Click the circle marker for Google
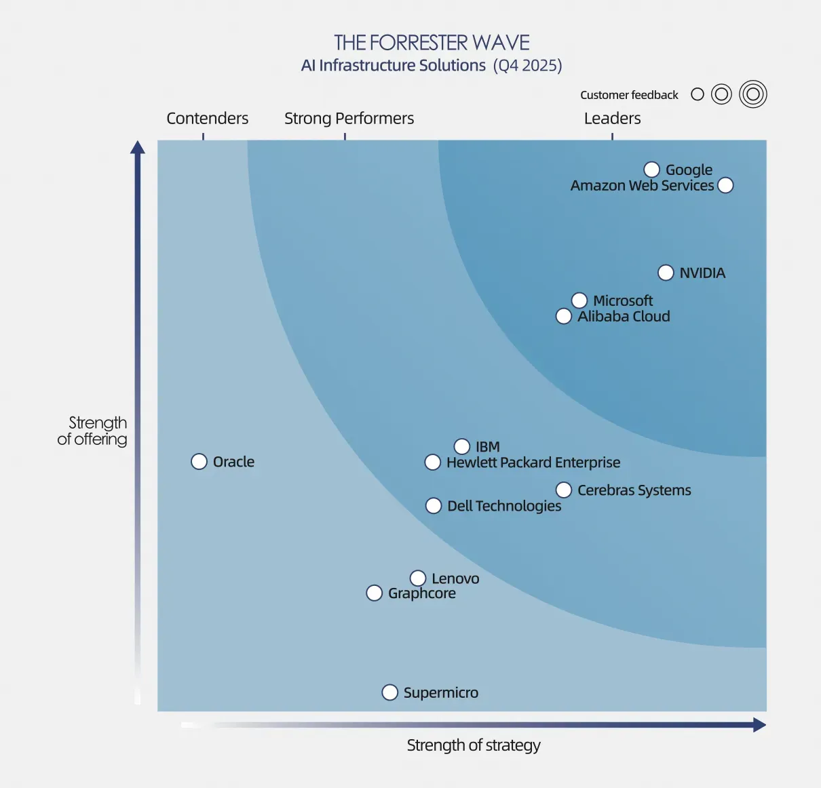[x=651, y=170]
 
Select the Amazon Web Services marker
[x=725, y=185]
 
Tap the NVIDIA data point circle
[x=666, y=273]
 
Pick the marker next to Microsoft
[x=579, y=300]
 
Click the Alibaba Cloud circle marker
[x=563, y=316]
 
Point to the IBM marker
[x=461, y=446]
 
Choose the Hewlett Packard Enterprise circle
[x=432, y=462]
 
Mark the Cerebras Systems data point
[x=563, y=490]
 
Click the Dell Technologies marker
[x=434, y=506]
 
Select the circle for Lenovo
[x=418, y=578]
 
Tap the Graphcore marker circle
[x=374, y=593]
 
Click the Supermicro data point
[x=389, y=692]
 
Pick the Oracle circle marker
[x=199, y=462]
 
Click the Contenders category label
[x=207, y=118]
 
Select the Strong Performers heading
[x=349, y=118]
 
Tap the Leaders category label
[x=612, y=118]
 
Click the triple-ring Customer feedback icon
[x=753, y=94]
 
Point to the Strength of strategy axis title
[x=474, y=745]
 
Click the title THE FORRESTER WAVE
[x=432, y=43]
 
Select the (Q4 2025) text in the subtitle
[x=527, y=65]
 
